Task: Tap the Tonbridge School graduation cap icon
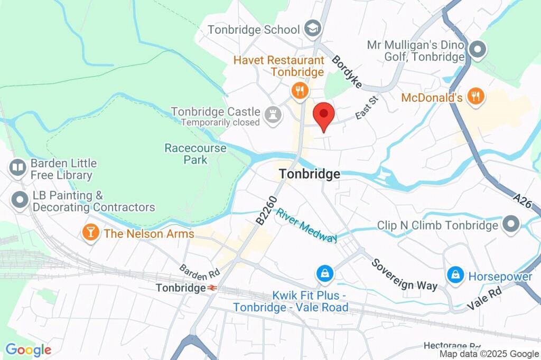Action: (x=313, y=30)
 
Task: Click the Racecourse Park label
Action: (x=195, y=154)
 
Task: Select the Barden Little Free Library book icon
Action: (x=18, y=168)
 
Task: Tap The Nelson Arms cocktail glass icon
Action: (x=91, y=233)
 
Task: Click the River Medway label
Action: (x=307, y=225)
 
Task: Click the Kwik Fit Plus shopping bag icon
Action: (x=324, y=273)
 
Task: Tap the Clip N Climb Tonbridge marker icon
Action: (x=511, y=224)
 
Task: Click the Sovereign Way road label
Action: (x=404, y=274)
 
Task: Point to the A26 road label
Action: (x=524, y=202)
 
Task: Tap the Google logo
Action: (x=28, y=349)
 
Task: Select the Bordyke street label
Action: (x=347, y=71)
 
